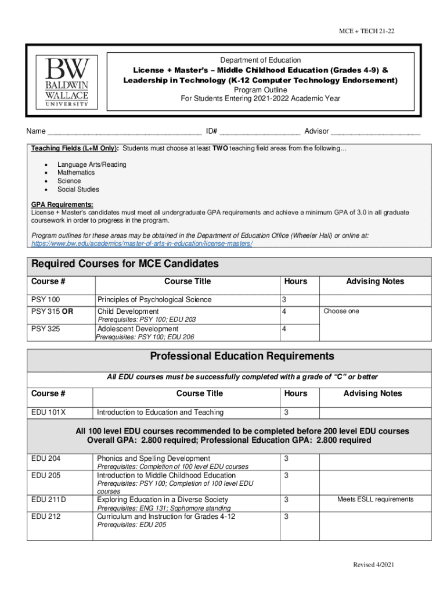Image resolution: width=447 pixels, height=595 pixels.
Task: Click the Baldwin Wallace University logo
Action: click(x=63, y=81)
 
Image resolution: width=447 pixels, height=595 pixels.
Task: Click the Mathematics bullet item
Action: click(x=75, y=173)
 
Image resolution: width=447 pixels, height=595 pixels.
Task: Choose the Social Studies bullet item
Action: click(x=78, y=189)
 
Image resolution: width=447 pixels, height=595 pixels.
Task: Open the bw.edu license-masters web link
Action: click(x=142, y=244)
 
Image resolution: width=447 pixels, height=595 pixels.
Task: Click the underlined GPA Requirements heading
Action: click(x=62, y=205)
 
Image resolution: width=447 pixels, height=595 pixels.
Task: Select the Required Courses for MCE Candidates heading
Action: click(x=125, y=264)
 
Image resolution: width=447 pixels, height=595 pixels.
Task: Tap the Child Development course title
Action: click(x=128, y=311)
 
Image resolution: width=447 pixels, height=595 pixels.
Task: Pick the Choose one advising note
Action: click(x=341, y=311)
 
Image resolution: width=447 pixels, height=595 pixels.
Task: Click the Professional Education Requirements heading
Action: click(x=242, y=356)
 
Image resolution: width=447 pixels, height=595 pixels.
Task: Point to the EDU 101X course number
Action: click(x=48, y=413)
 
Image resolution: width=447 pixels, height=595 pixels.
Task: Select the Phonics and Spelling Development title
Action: click(x=153, y=459)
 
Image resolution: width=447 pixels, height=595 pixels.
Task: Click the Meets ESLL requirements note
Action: click(x=375, y=500)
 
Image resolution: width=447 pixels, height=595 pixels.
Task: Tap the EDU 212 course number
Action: click(x=46, y=516)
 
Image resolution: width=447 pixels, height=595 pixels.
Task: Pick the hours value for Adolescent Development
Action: click(x=284, y=329)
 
